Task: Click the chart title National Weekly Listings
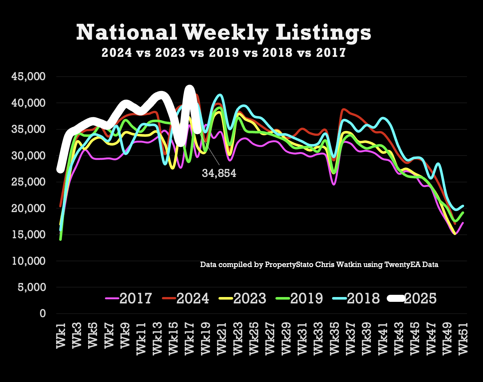pos(224,33)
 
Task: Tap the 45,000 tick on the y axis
pos(29,77)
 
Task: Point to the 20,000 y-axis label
pos(29,208)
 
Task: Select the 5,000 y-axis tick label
pos(31,287)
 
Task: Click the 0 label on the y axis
pos(43,314)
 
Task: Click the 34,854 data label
pos(219,173)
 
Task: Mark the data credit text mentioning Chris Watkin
pos(319,264)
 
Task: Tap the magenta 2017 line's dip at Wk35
pos(334,184)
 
